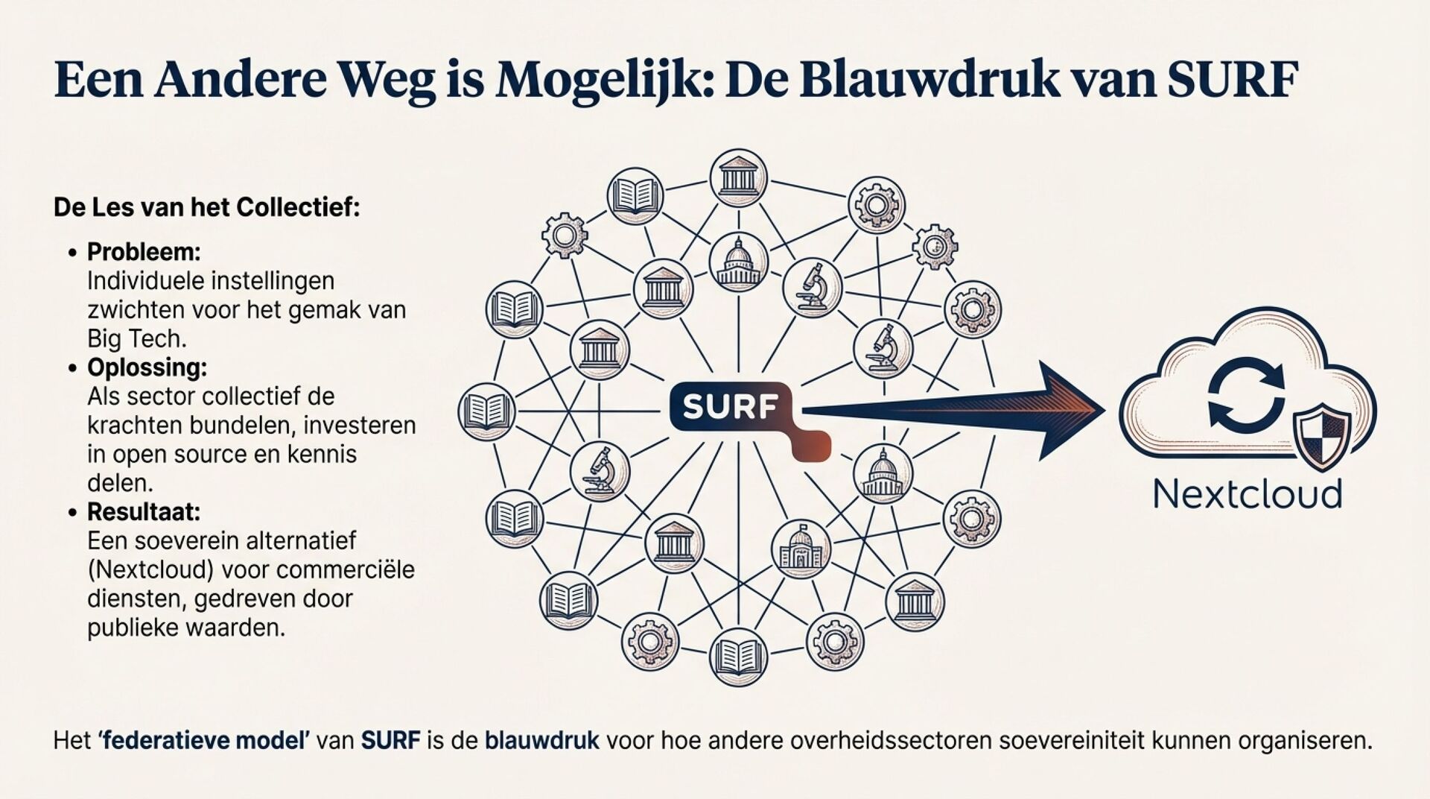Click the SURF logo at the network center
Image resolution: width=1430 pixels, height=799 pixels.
click(x=730, y=407)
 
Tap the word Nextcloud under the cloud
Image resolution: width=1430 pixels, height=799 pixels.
click(x=1248, y=494)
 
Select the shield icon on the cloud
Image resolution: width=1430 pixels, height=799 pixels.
click(x=1323, y=438)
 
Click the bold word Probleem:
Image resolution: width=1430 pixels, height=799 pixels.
click(x=144, y=252)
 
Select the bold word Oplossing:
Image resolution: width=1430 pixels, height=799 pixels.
click(x=147, y=367)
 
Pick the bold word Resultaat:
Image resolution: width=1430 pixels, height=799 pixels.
click(x=144, y=512)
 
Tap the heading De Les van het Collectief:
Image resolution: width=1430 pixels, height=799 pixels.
click(x=206, y=207)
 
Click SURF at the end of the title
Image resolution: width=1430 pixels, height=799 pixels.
click(x=1233, y=79)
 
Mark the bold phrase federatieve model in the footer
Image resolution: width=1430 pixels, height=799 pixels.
click(x=203, y=741)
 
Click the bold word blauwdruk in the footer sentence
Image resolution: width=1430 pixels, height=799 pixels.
click(x=541, y=741)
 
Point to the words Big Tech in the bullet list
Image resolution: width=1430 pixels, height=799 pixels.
click(x=136, y=339)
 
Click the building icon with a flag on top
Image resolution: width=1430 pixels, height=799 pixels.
click(x=801, y=549)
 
